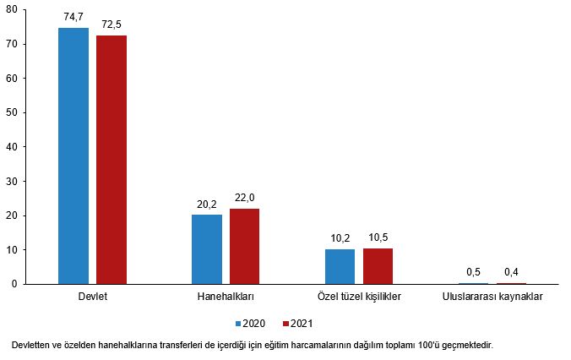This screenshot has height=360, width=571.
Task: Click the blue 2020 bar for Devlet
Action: click(x=73, y=156)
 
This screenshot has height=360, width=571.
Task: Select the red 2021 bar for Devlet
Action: click(x=111, y=160)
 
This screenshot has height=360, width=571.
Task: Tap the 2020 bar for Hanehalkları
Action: click(x=207, y=249)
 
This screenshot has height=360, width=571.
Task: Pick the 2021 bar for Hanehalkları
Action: click(x=245, y=246)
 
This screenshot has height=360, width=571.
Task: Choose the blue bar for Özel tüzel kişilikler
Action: click(x=340, y=266)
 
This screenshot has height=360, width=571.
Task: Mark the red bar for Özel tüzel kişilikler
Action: click(x=378, y=265)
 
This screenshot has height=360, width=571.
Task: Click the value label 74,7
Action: click(x=73, y=16)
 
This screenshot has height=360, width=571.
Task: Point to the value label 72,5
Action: click(x=111, y=25)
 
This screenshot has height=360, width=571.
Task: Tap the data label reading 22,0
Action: click(x=245, y=197)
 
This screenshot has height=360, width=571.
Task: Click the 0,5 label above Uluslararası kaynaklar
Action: click(x=473, y=271)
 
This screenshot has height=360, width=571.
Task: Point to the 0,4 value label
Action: click(x=511, y=271)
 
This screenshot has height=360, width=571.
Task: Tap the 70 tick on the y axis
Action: click(x=13, y=44)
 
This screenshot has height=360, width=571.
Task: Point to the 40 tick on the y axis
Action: click(x=13, y=147)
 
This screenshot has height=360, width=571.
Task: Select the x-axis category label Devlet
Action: click(x=92, y=297)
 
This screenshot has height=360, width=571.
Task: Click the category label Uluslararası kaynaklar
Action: click(x=492, y=297)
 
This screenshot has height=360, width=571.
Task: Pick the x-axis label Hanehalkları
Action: click(x=226, y=297)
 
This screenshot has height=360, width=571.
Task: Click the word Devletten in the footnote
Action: click(x=32, y=345)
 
